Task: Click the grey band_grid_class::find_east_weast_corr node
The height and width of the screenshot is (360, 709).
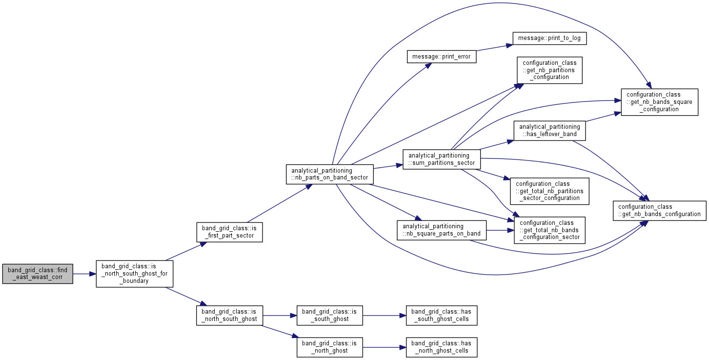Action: tap(38, 274)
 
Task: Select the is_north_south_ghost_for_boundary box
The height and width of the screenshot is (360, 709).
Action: tap(135, 274)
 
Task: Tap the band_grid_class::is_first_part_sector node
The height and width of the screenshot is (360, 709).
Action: tap(229, 232)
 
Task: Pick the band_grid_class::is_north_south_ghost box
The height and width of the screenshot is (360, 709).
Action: tap(229, 316)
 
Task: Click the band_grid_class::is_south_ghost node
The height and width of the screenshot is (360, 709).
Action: tap(329, 316)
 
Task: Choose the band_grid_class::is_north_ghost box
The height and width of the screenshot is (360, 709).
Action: tap(329, 347)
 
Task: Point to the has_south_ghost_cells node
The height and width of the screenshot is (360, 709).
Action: tap(442, 316)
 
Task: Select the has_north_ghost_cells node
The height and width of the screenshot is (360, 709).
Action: tap(442, 347)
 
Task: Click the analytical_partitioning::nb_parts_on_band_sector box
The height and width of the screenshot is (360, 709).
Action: tap(330, 174)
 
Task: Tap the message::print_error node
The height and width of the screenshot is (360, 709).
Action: tap(442, 57)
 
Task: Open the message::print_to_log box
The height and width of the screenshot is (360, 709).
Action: tap(549, 38)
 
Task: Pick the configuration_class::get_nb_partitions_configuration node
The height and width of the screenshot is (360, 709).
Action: tap(549, 70)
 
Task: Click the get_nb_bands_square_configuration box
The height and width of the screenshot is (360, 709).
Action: tap(660, 102)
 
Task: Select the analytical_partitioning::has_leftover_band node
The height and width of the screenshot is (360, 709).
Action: tap(549, 131)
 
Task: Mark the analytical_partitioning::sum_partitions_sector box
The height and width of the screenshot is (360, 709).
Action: tap(442, 160)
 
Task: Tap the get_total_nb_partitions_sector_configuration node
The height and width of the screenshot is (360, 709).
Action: tap(549, 191)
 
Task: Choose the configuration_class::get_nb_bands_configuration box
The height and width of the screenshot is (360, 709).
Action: tap(660, 211)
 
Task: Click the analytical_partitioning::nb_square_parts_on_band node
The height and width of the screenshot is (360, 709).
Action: tap(442, 230)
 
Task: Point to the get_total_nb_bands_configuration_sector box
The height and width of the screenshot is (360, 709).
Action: tap(549, 230)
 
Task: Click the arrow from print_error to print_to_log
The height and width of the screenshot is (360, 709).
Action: tap(494, 47)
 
